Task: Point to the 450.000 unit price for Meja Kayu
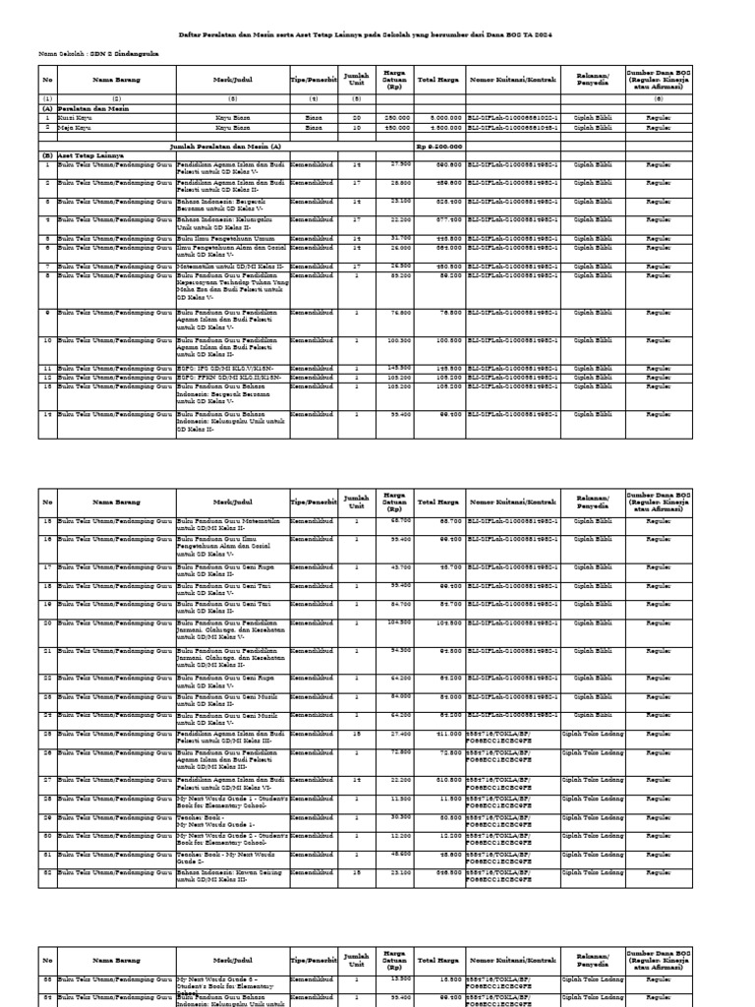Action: tap(396, 126)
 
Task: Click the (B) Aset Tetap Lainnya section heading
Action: tap(80, 155)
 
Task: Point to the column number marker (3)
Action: tap(233, 99)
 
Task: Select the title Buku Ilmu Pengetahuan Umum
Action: tap(217, 238)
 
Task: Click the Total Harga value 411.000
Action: tap(445, 733)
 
